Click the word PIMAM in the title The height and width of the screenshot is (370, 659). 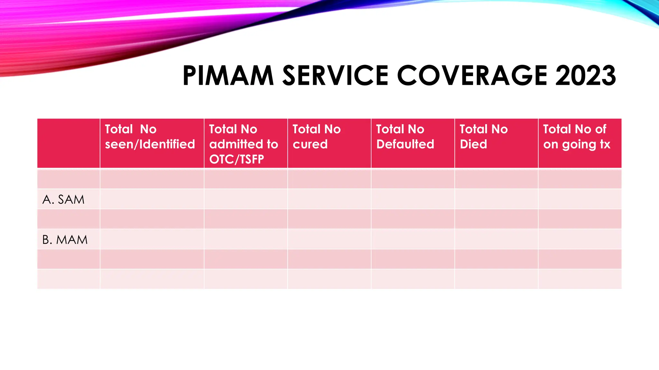pos(228,76)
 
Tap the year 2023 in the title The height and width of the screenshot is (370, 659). pos(585,76)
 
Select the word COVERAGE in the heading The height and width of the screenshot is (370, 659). pos(472,76)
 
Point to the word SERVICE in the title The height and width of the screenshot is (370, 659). pos(335,76)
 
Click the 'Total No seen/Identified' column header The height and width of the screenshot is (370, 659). pos(150,137)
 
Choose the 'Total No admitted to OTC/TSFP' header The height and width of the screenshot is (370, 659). pos(244,144)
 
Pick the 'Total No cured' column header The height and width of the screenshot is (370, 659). pos(317,137)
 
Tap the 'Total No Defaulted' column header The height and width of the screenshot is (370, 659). pos(405,137)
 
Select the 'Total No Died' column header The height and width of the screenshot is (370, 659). pos(484,137)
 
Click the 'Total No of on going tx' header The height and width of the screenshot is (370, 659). pos(577,137)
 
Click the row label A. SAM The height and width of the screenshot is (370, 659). pos(63,200)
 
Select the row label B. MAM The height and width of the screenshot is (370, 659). pos(65,240)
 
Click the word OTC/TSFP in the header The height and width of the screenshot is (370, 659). pos(237,159)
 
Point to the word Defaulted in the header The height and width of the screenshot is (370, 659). pos(405,144)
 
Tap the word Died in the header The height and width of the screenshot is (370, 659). pos(473,144)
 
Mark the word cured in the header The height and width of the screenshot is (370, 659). pos(310,144)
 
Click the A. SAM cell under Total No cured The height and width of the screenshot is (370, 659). pos(329,199)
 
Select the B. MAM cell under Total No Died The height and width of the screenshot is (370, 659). pos(496,239)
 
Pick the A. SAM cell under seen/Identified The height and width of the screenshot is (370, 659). pos(152,199)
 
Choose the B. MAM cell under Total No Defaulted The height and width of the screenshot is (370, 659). pos(413,239)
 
